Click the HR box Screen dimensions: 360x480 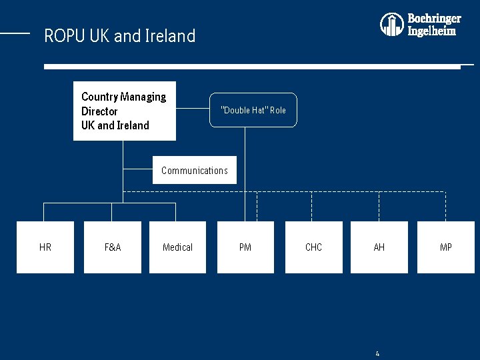45,247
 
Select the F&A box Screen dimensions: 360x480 113,247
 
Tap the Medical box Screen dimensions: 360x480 177,247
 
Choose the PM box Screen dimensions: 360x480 245,247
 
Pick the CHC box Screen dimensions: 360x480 313,247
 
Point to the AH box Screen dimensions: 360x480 379,247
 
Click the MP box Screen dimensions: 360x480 445,247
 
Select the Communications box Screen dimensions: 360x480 195,171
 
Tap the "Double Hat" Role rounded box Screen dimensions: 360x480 253,110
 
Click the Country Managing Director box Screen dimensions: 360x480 125,111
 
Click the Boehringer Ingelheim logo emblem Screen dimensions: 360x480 392,25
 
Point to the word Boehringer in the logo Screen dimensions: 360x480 434,19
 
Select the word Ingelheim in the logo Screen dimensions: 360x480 432,31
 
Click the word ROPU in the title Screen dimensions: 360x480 64,36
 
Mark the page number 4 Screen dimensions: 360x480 377,353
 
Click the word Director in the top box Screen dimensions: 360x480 99,111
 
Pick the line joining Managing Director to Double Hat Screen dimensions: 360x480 193,110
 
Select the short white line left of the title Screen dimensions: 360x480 15,32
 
